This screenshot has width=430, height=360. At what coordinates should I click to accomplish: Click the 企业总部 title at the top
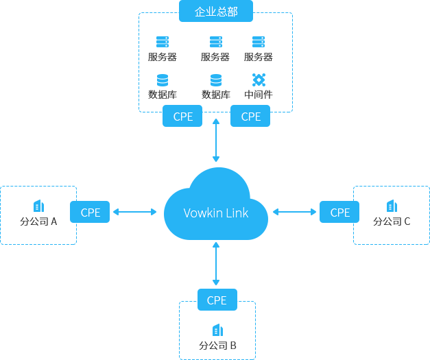[216, 12]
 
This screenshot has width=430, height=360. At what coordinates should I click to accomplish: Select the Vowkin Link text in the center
[216, 213]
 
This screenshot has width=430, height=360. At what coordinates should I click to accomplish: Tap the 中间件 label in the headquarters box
[259, 95]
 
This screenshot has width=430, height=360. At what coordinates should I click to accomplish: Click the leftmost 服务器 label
[163, 57]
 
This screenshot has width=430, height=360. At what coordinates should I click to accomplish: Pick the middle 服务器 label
[215, 57]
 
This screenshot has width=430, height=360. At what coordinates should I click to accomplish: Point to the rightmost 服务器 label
[259, 57]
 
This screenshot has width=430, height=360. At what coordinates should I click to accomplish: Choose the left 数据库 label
[163, 95]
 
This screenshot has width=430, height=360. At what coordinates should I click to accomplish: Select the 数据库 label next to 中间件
[215, 95]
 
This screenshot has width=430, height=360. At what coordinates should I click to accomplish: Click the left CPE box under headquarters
[183, 117]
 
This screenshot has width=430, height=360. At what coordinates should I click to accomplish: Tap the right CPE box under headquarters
[251, 117]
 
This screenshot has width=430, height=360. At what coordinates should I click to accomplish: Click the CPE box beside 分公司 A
[91, 213]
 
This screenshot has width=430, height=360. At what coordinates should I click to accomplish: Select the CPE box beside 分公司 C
[339, 213]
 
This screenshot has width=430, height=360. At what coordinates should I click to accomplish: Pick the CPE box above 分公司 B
[217, 300]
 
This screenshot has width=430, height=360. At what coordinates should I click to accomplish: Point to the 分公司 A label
[38, 221]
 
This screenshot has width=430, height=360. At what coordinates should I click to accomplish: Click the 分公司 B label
[218, 346]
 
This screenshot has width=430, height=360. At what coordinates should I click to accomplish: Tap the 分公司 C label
[392, 221]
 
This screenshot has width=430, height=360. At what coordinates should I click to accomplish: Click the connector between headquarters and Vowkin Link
[216, 141]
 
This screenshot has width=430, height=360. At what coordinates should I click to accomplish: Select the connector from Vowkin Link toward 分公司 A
[134, 211]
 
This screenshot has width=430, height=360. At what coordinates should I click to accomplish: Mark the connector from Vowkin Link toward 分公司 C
[295, 211]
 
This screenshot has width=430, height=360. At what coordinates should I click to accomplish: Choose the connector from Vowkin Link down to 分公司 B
[216, 264]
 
